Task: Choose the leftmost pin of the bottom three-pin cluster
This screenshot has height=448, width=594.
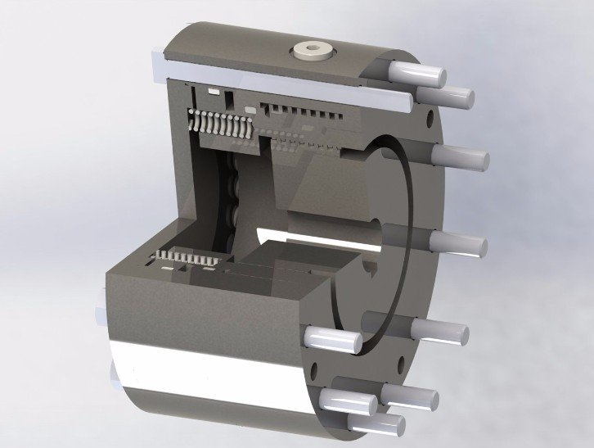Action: click(352, 400)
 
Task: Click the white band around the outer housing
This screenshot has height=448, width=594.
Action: click(205, 373)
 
